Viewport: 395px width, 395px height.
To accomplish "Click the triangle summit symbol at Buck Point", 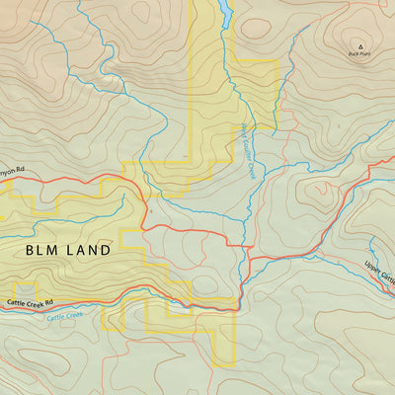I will click(x=359, y=45).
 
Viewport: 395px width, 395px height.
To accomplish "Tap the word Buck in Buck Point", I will click(x=353, y=54).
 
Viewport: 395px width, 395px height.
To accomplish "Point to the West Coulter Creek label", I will click(x=249, y=149).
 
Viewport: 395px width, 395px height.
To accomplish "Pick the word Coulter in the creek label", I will click(x=249, y=149).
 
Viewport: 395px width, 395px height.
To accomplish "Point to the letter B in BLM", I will click(x=31, y=251).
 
